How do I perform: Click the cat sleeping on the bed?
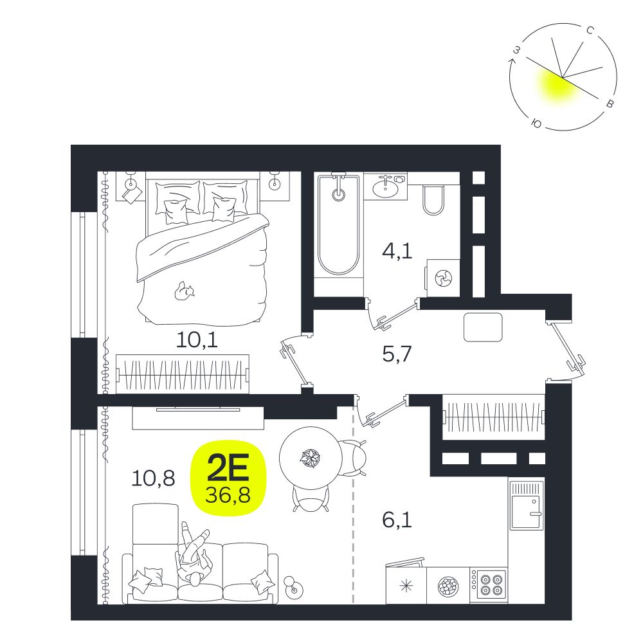[x=184, y=291]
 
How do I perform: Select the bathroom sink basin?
[x=385, y=188]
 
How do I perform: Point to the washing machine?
[x=443, y=278]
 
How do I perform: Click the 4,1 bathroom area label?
[x=397, y=251]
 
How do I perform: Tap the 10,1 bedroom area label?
[x=197, y=340]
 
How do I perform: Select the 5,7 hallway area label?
[x=397, y=354]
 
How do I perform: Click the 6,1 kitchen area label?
[x=397, y=520]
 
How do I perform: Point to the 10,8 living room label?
[x=154, y=478]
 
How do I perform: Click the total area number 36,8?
[x=228, y=495]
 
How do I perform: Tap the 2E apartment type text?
[x=228, y=468]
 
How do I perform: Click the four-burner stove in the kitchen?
[x=489, y=586]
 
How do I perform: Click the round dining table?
[x=311, y=458]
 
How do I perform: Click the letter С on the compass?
[x=590, y=30]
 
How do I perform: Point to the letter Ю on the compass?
[x=536, y=123]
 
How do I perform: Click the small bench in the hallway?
[x=483, y=327]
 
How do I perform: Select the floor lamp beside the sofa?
[x=293, y=586]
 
